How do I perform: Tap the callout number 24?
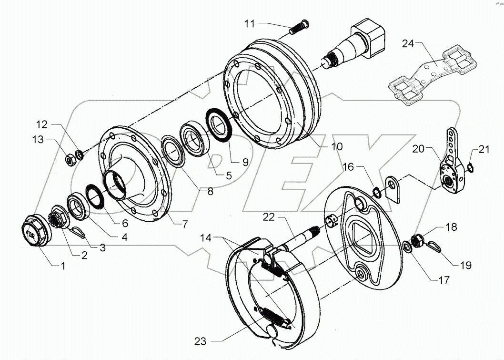point(408,45)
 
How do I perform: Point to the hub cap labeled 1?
point(36,232)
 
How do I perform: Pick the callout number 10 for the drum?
point(336,147)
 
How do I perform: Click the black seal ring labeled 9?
point(220,124)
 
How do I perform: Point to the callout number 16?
point(348,167)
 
